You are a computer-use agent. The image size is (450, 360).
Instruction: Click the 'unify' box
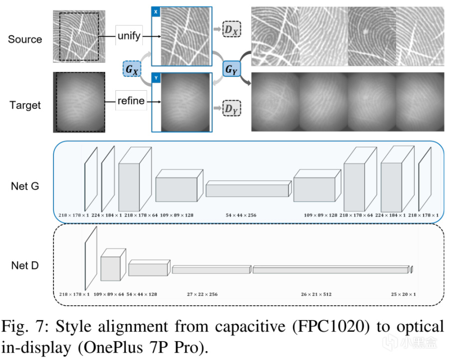(x=129, y=36)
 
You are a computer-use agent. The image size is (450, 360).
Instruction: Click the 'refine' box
(x=131, y=101)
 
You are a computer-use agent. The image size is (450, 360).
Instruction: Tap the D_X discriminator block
(x=231, y=30)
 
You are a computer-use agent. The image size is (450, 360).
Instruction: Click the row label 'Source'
(x=25, y=39)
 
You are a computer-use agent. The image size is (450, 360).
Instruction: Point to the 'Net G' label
(x=25, y=186)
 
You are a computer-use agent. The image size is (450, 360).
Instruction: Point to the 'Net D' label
(x=25, y=266)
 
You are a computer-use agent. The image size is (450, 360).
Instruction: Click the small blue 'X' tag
(x=156, y=11)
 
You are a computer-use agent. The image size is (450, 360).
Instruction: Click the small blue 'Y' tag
(x=156, y=78)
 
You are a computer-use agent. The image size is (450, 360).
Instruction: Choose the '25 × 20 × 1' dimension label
(x=405, y=294)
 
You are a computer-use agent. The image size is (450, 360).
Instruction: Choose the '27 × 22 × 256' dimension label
(x=202, y=294)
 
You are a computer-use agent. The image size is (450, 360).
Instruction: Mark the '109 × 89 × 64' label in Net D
(x=109, y=294)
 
